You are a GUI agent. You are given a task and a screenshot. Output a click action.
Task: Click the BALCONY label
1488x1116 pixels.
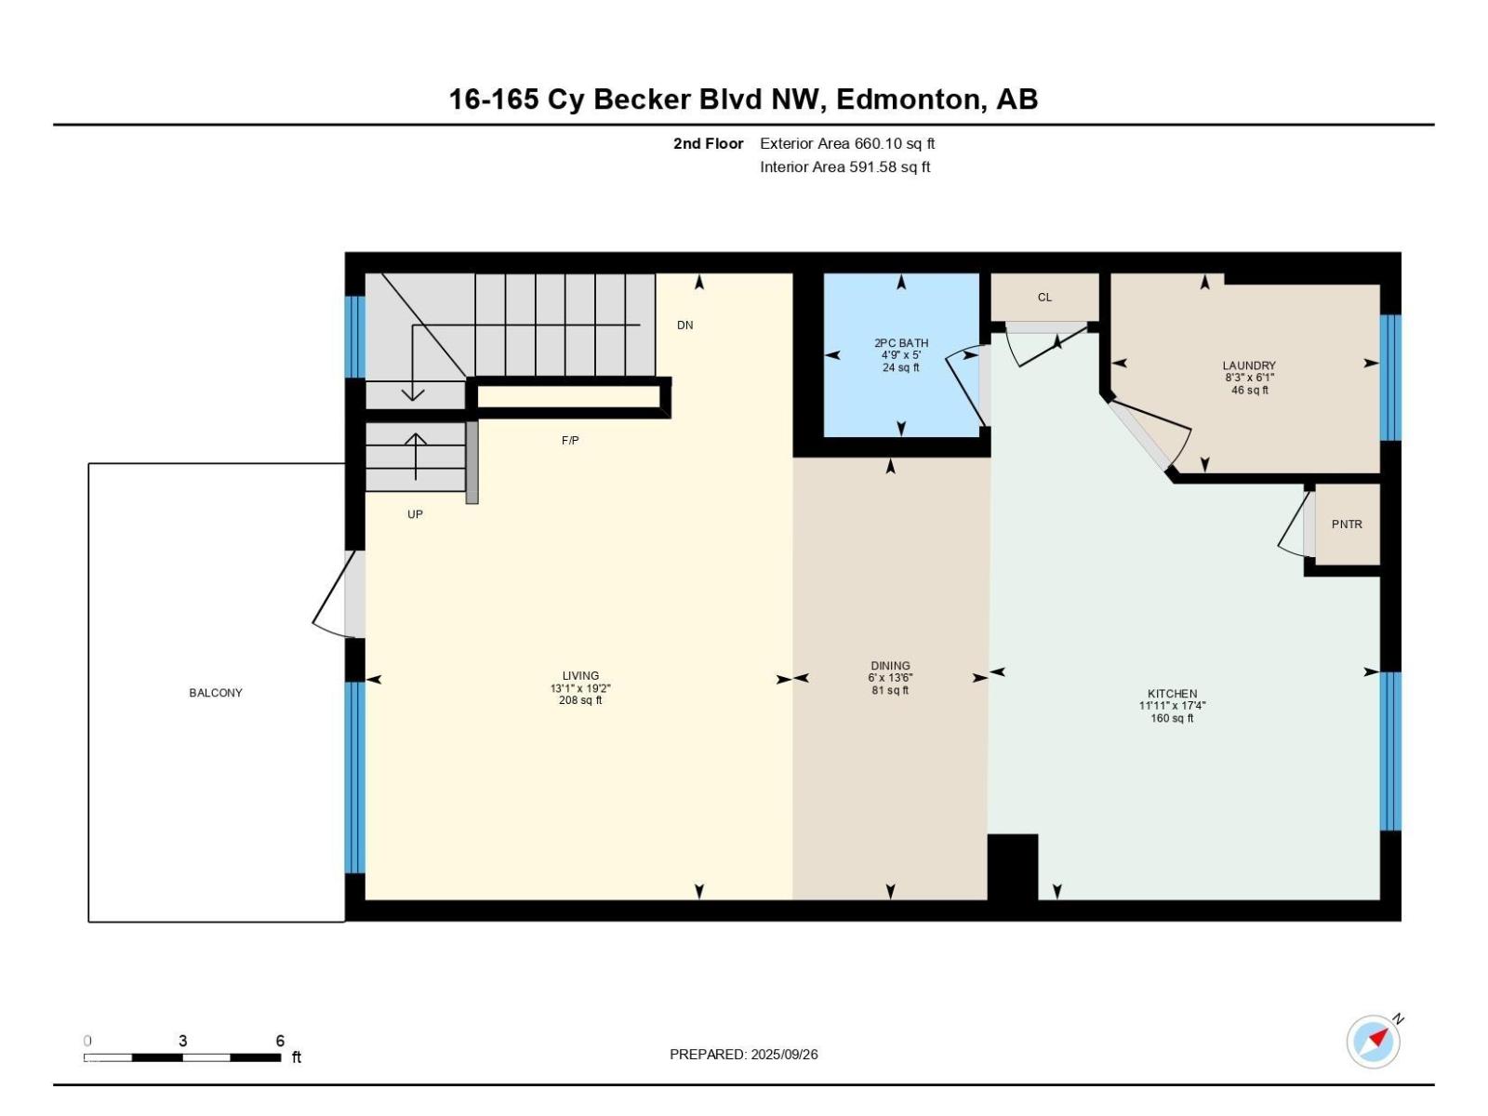click(x=216, y=693)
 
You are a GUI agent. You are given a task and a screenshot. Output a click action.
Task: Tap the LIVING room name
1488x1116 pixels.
click(x=580, y=675)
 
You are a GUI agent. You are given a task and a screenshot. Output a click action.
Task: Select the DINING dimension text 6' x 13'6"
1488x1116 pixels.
click(x=890, y=678)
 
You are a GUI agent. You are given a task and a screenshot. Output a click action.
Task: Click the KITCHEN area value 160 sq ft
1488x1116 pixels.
click(x=1172, y=718)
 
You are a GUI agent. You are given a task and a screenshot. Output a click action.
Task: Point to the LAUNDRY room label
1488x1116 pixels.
click(x=1249, y=365)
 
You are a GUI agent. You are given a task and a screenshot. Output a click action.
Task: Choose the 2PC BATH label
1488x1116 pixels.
click(x=901, y=343)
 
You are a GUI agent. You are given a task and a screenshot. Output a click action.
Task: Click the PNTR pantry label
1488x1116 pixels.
click(x=1347, y=524)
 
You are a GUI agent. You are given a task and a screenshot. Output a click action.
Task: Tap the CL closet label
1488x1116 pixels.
click(x=1044, y=297)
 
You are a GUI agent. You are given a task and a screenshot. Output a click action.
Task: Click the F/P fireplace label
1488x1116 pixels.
click(x=570, y=441)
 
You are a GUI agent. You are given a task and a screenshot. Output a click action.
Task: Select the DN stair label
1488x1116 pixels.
click(x=684, y=325)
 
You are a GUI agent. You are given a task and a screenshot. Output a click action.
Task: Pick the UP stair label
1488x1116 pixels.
click(x=415, y=514)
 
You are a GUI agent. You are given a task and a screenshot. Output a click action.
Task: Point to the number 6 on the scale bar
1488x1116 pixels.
click(x=280, y=1040)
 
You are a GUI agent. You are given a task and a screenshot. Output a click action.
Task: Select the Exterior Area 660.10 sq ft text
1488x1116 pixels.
click(x=847, y=143)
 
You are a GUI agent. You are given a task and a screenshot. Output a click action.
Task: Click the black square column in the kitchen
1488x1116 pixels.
click(x=1012, y=867)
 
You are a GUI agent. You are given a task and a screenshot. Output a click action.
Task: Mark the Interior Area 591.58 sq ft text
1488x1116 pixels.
click(x=844, y=166)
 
